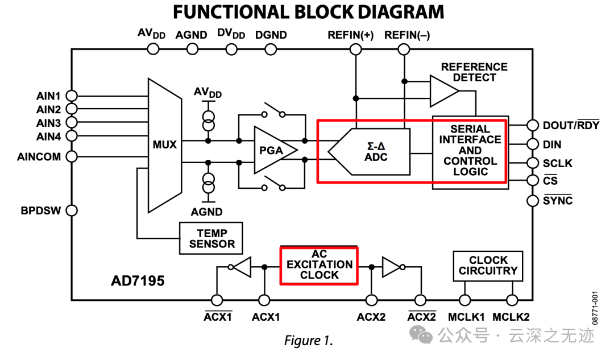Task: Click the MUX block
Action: (164, 145)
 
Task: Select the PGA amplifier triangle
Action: (272, 151)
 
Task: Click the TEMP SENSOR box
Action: (211, 238)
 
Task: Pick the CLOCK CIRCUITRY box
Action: (488, 266)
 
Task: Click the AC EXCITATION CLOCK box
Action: (319, 264)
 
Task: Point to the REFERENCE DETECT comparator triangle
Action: (442, 92)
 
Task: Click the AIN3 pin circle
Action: (72, 123)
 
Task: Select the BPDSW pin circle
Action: (72, 210)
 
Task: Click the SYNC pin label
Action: (558, 201)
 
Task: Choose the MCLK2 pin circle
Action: (512, 300)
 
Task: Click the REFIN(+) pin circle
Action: (356, 49)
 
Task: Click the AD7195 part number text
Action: (138, 281)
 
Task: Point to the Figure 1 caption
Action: (308, 341)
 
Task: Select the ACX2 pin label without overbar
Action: (371, 317)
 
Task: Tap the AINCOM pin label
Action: (39, 156)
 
